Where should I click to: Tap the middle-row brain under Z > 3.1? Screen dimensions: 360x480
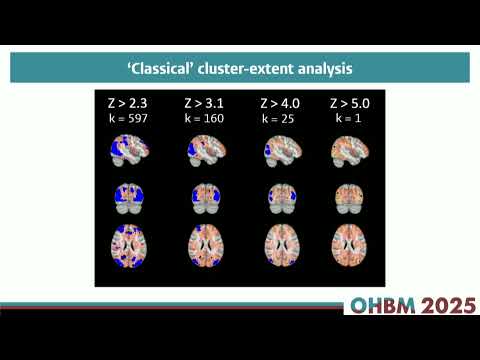[203, 196]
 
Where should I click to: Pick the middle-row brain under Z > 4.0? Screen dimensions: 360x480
[278, 196]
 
